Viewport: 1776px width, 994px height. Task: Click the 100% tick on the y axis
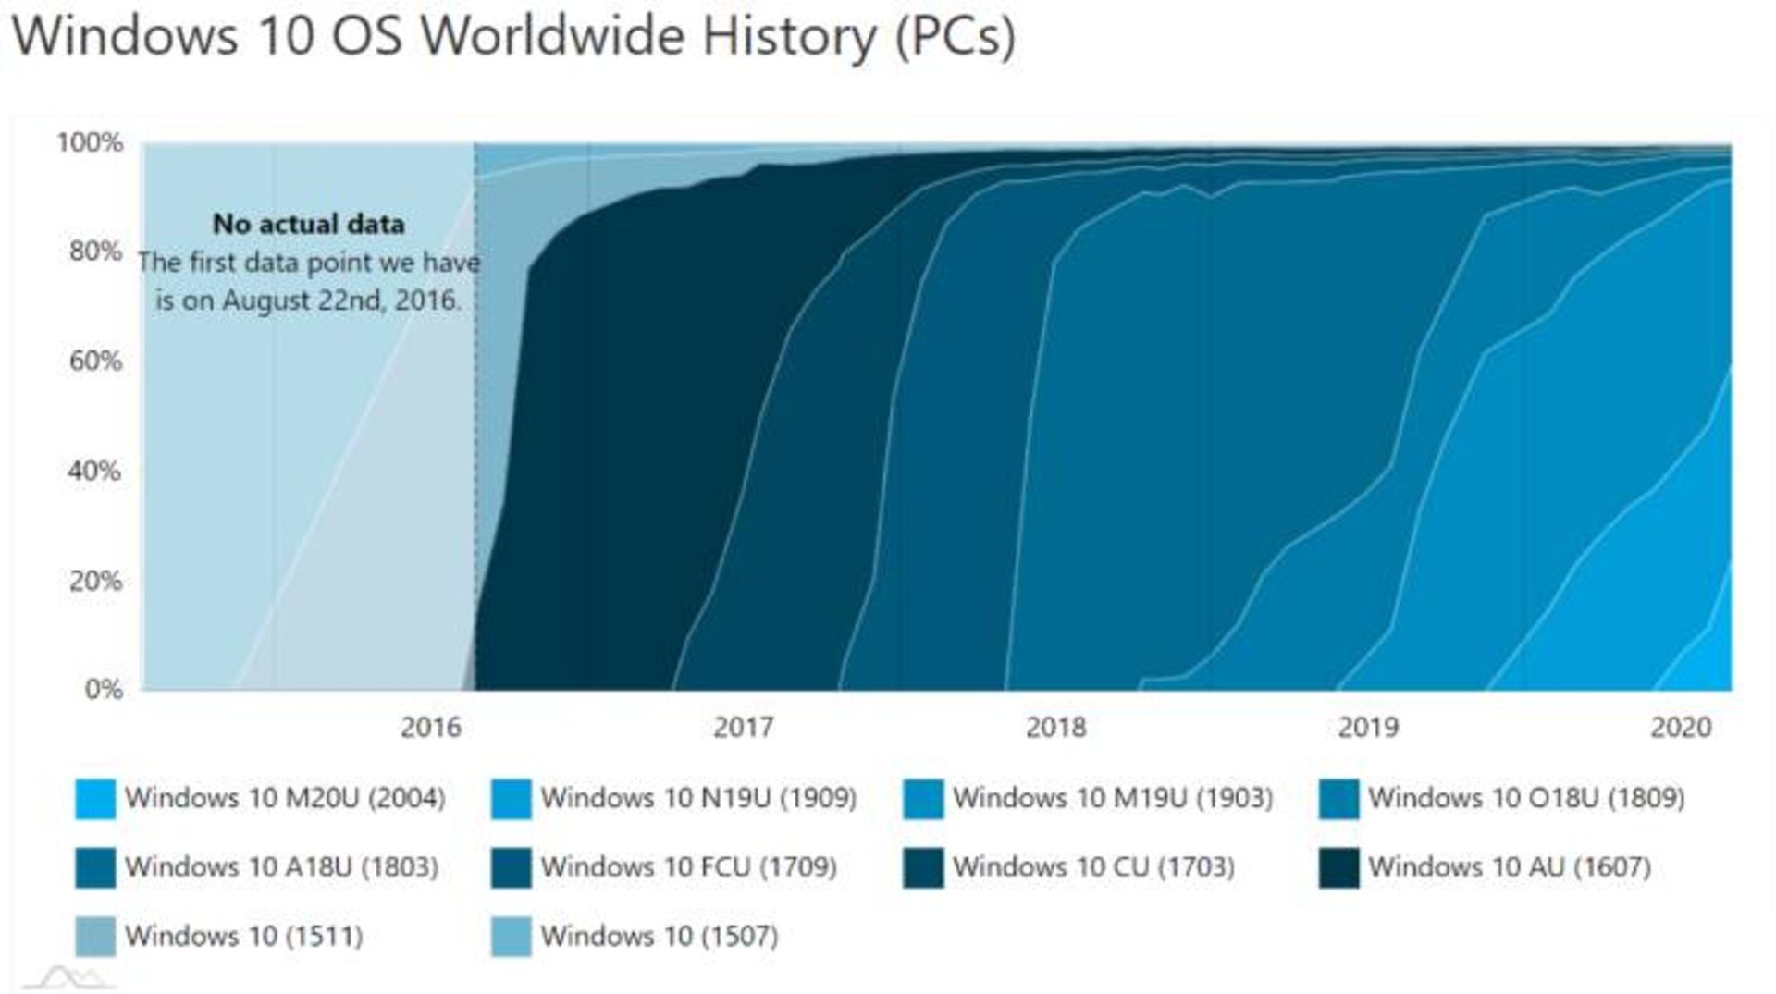click(x=90, y=142)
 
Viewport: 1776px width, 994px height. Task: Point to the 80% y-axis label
click(x=95, y=251)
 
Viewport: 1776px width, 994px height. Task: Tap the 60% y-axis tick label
click(x=95, y=361)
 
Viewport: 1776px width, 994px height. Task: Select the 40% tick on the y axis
click(x=95, y=471)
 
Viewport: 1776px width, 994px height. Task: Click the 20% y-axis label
click(x=95, y=581)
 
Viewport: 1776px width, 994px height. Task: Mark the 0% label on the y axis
click(x=104, y=689)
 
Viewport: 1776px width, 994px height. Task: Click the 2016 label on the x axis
click(x=430, y=728)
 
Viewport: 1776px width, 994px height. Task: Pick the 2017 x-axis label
click(x=743, y=728)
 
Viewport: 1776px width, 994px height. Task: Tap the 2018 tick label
click(x=1055, y=728)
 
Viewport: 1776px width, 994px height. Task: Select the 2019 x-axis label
click(x=1368, y=728)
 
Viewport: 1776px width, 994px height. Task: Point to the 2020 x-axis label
click(x=1681, y=728)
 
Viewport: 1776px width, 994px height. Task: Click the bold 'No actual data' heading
click(x=308, y=224)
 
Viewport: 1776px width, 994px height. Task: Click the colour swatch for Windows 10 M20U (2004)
click(x=95, y=799)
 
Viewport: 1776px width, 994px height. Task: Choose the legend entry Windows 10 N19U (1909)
click(x=698, y=798)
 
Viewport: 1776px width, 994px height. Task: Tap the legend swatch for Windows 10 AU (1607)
click(x=1339, y=868)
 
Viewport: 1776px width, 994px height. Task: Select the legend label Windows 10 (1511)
click(x=243, y=937)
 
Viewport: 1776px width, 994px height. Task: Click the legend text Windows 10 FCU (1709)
click(x=688, y=867)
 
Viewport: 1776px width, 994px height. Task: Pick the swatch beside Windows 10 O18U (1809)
click(x=1339, y=799)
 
